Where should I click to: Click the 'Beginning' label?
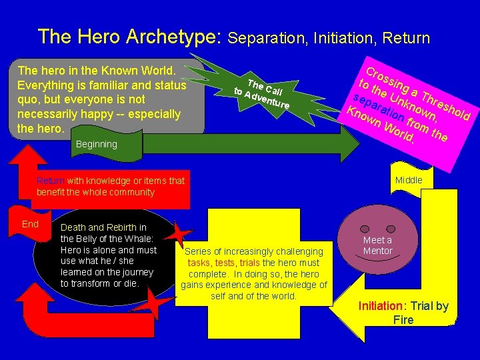coord(97,144)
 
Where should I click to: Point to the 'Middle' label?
coord(409,180)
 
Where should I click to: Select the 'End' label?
coord(31,224)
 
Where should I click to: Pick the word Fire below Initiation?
coord(403,320)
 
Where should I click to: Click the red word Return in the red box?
coord(51,181)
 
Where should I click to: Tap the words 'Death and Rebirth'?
coord(99,227)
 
